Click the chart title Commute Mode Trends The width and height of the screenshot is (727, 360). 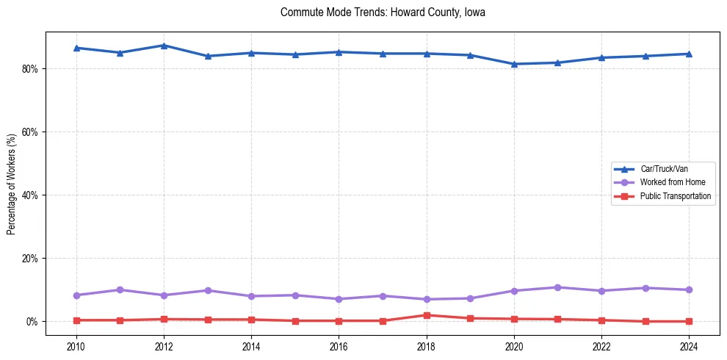(x=383, y=12)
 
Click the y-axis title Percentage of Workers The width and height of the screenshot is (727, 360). (x=12, y=184)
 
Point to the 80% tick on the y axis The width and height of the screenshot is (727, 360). (x=32, y=69)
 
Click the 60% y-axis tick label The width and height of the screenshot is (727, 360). (x=32, y=132)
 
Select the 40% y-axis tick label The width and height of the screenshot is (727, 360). (x=32, y=195)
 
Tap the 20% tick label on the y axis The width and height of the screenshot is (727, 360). (x=32, y=259)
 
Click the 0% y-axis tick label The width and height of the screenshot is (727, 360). (x=35, y=322)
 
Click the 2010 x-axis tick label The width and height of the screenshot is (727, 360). (x=76, y=346)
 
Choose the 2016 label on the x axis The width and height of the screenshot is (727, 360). (x=339, y=346)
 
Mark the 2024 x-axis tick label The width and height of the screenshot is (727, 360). (x=689, y=346)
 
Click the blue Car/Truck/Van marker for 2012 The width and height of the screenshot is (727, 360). (x=164, y=46)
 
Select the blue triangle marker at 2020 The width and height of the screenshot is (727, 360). (x=514, y=64)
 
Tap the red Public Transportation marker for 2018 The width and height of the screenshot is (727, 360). (x=427, y=315)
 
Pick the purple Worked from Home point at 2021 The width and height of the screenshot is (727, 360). (x=558, y=287)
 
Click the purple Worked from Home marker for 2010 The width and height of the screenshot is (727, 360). (x=76, y=295)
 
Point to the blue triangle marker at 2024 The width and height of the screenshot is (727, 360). (x=689, y=54)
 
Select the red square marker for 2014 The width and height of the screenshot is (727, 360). (x=251, y=320)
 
